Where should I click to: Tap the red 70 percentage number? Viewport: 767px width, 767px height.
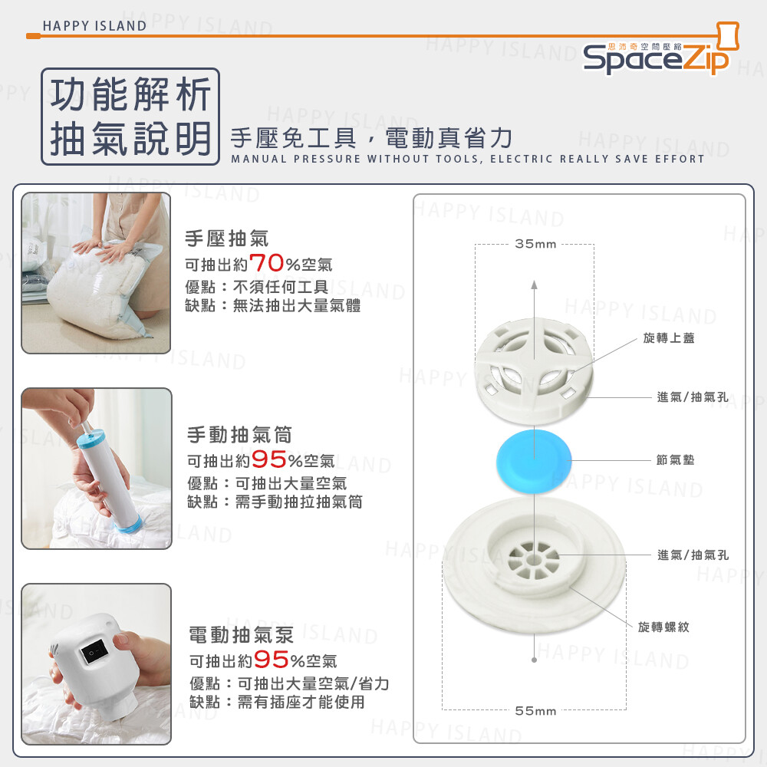coord(267,263)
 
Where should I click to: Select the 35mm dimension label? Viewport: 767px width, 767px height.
coord(535,244)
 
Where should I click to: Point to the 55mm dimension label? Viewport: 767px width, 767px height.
coord(535,711)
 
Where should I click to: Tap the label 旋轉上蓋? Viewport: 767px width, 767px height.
coord(668,338)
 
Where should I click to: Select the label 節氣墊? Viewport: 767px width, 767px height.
coord(675,459)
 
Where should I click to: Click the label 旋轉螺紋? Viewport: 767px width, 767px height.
coord(663,627)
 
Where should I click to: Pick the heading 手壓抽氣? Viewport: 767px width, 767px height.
coord(226,239)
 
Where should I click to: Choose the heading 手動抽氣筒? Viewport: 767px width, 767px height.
coord(239,434)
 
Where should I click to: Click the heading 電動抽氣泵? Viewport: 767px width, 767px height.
coord(241,635)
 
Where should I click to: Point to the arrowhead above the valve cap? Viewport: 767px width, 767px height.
coord(534,285)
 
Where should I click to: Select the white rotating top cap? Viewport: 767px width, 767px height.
coord(534,370)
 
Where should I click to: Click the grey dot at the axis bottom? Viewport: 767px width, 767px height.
coord(534,660)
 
